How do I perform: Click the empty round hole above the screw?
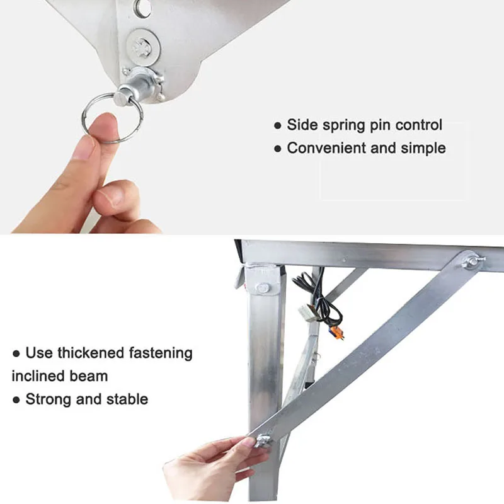(143, 6)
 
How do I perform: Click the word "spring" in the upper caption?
(344, 125)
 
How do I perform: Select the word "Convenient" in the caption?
(326, 148)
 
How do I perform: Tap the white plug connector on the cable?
(308, 312)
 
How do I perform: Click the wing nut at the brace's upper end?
(472, 261)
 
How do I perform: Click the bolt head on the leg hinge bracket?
(263, 288)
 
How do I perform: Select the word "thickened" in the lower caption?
(91, 353)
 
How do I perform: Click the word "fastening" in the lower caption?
(161, 353)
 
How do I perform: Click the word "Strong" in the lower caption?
(49, 399)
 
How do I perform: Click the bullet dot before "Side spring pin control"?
(278, 125)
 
